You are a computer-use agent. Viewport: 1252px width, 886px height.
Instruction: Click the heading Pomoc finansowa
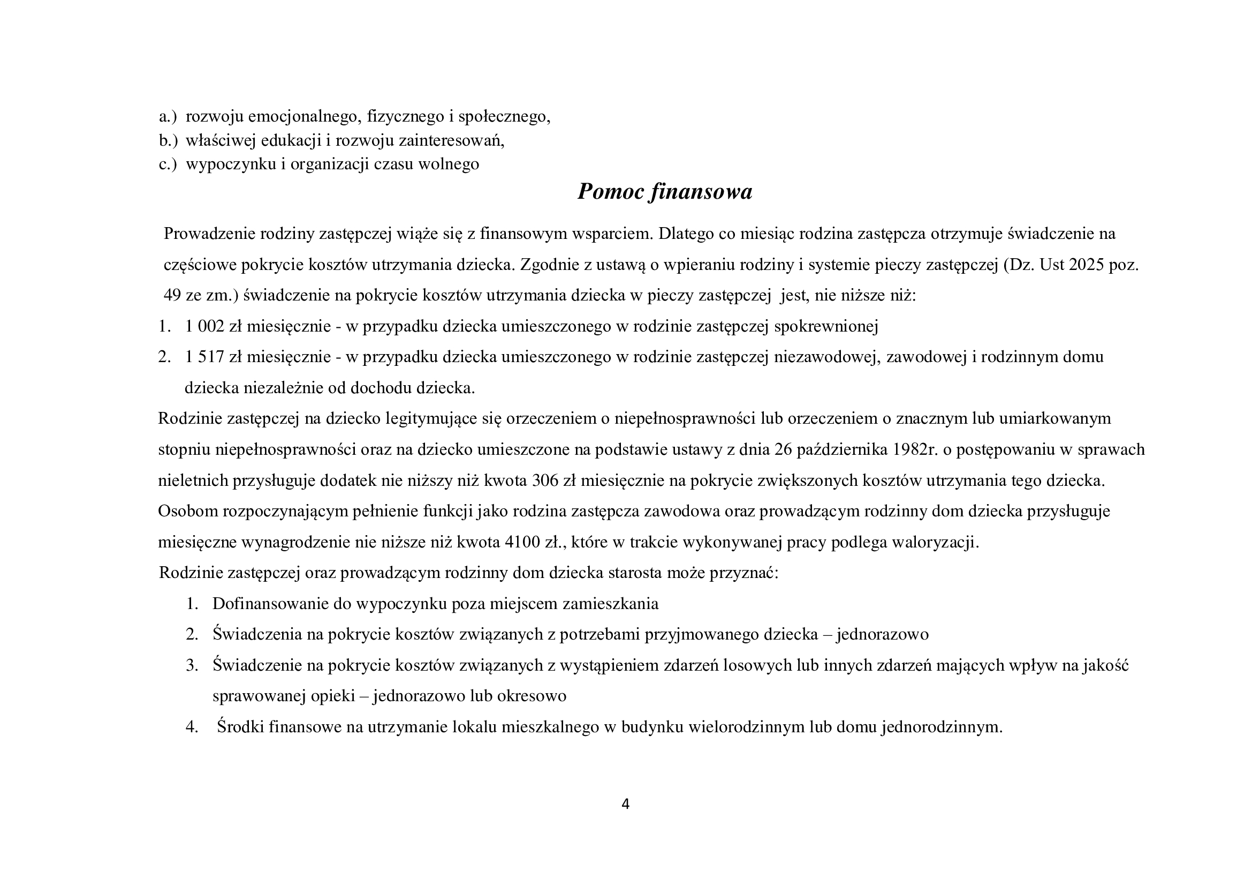[664, 191]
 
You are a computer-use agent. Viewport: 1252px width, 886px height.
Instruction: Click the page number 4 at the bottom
[625, 804]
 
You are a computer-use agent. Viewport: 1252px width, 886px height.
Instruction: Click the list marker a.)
[168, 117]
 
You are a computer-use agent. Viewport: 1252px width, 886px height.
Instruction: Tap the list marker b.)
[168, 141]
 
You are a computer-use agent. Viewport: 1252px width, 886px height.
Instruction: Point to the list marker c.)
[168, 164]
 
